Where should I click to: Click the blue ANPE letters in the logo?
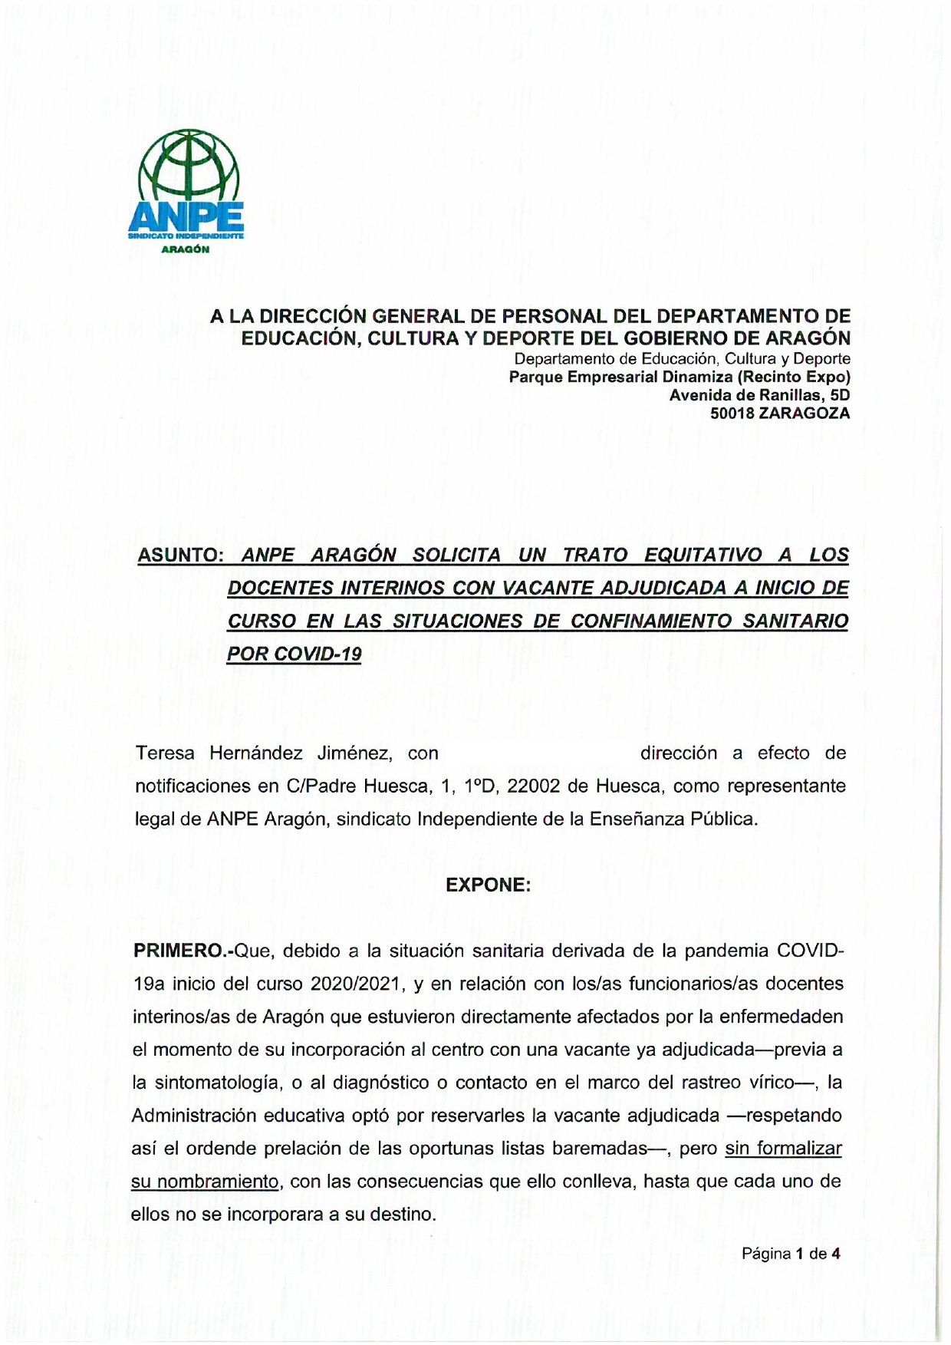186,217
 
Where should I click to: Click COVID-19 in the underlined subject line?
318,654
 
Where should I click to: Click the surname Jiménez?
354,753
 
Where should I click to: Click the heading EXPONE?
489,885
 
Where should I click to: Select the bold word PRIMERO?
181,951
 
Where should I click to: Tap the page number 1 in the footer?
799,1254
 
